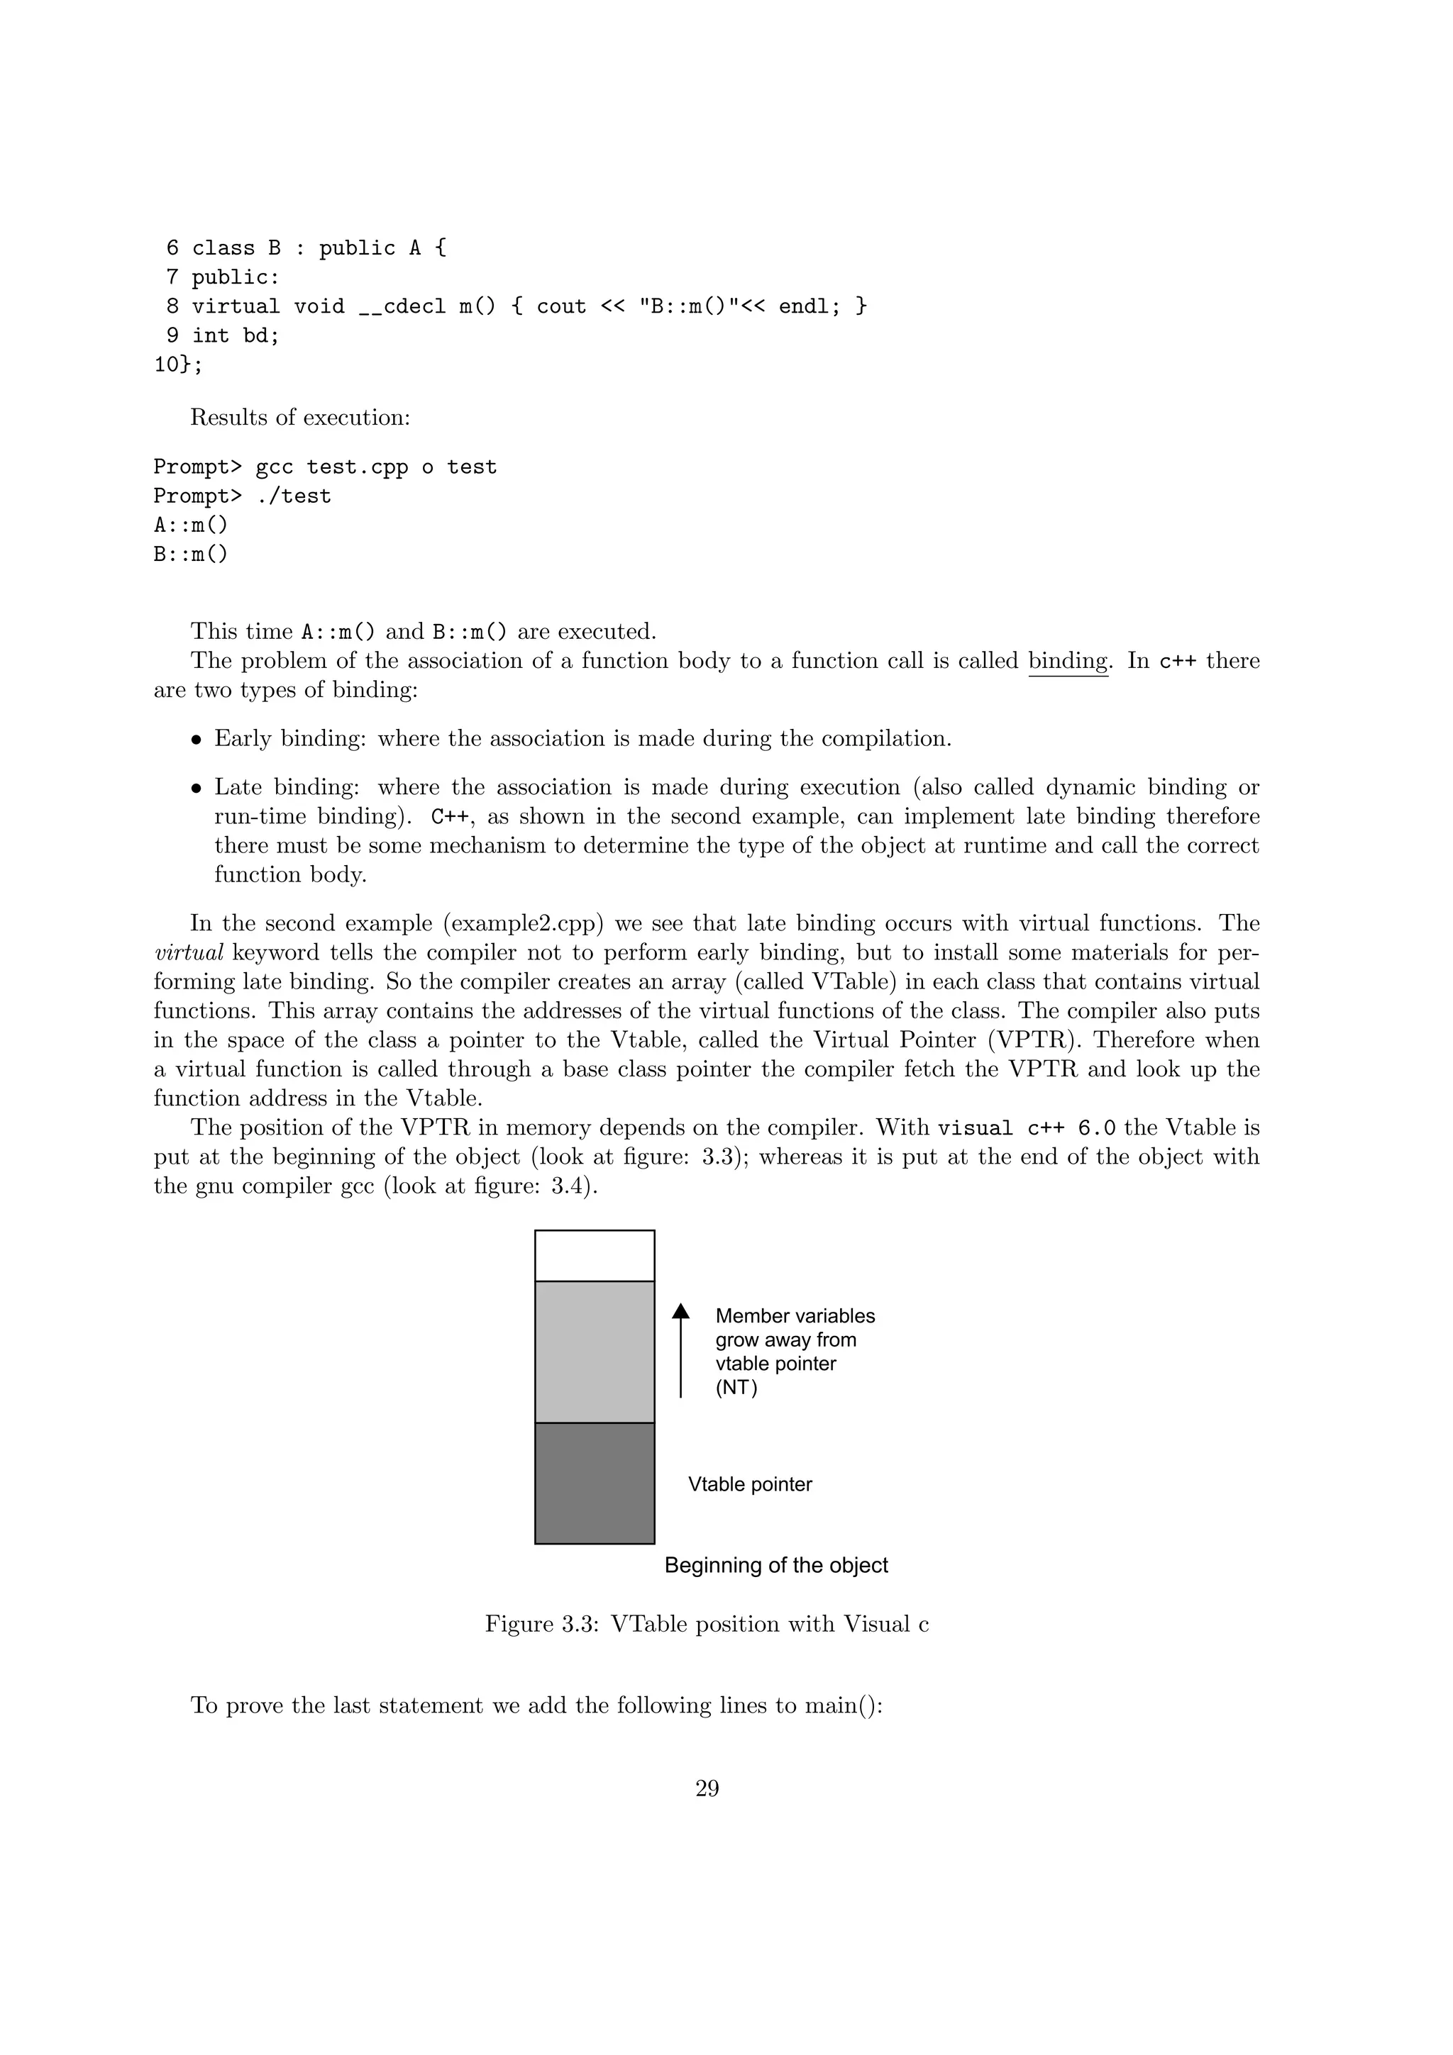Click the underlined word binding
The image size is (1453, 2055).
[1068, 662]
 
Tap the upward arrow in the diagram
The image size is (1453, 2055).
[680, 1351]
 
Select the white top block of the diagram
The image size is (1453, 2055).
[595, 1256]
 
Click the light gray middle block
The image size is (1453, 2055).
[595, 1352]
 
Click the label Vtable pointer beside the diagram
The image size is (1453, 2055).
[749, 1484]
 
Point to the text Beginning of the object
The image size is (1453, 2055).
[776, 1566]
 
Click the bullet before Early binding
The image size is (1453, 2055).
[196, 740]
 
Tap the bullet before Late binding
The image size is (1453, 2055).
[196, 789]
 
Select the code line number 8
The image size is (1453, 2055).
[172, 307]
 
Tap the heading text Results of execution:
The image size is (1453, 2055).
[300, 418]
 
